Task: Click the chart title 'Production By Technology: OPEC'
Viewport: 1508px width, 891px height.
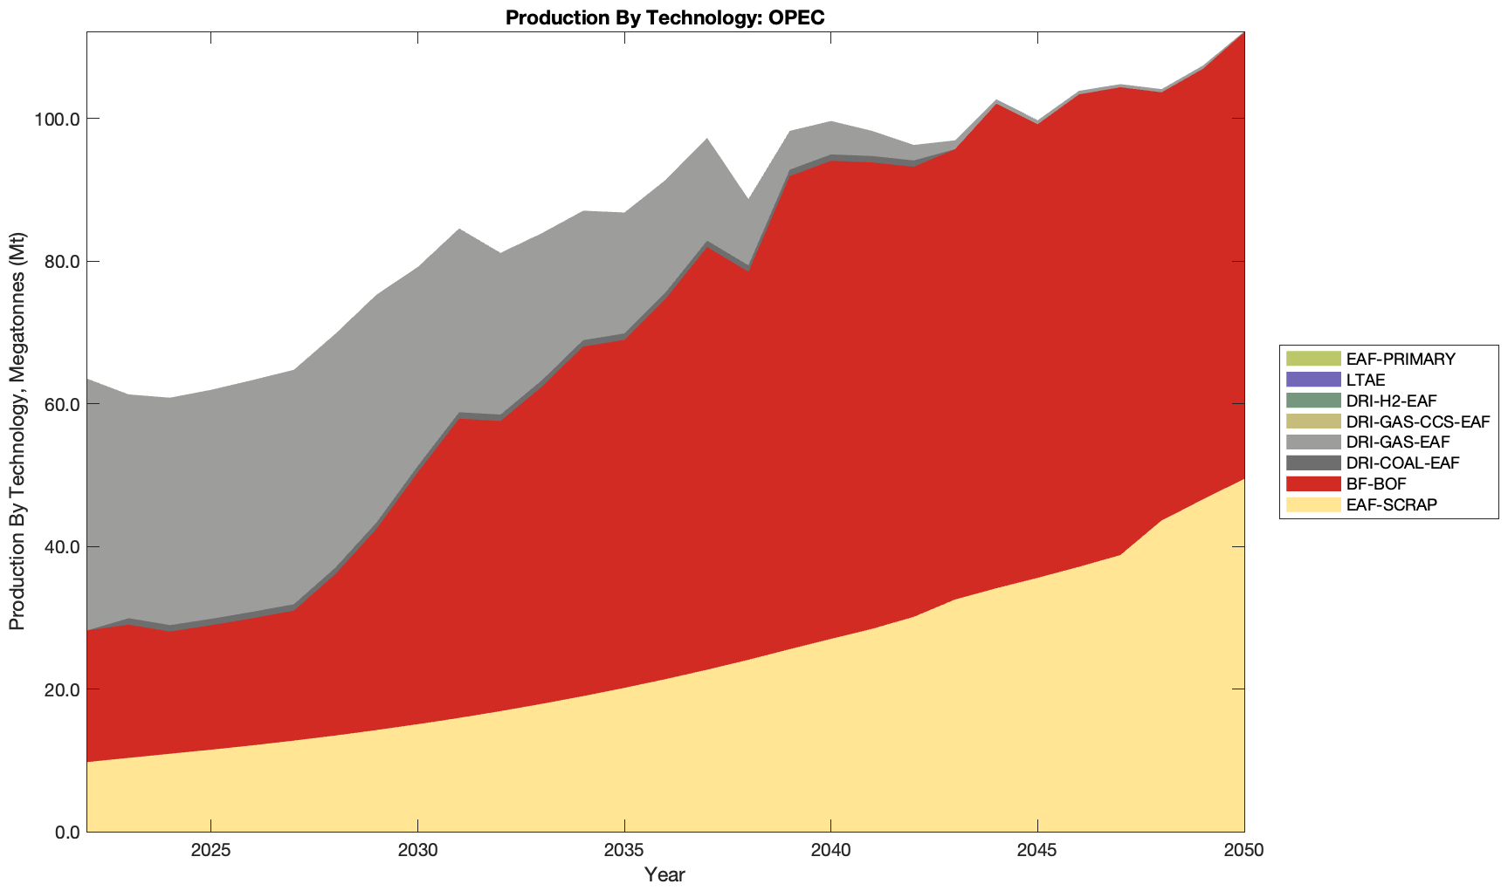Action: [664, 17]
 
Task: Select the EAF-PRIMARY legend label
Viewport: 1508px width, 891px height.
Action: [1401, 359]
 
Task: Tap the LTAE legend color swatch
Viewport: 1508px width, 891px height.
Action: [1312, 380]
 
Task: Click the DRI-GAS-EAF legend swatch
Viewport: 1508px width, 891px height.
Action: [1312, 442]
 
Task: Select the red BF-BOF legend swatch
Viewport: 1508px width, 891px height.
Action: [1312, 483]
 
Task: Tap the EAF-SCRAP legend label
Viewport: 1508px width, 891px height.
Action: [1392, 504]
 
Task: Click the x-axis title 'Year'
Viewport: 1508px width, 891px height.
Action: [664, 874]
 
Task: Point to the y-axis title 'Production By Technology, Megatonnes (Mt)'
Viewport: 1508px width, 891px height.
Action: [17, 431]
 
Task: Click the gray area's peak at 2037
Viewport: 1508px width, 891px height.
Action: [706, 139]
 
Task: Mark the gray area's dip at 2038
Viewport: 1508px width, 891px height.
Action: [748, 200]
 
